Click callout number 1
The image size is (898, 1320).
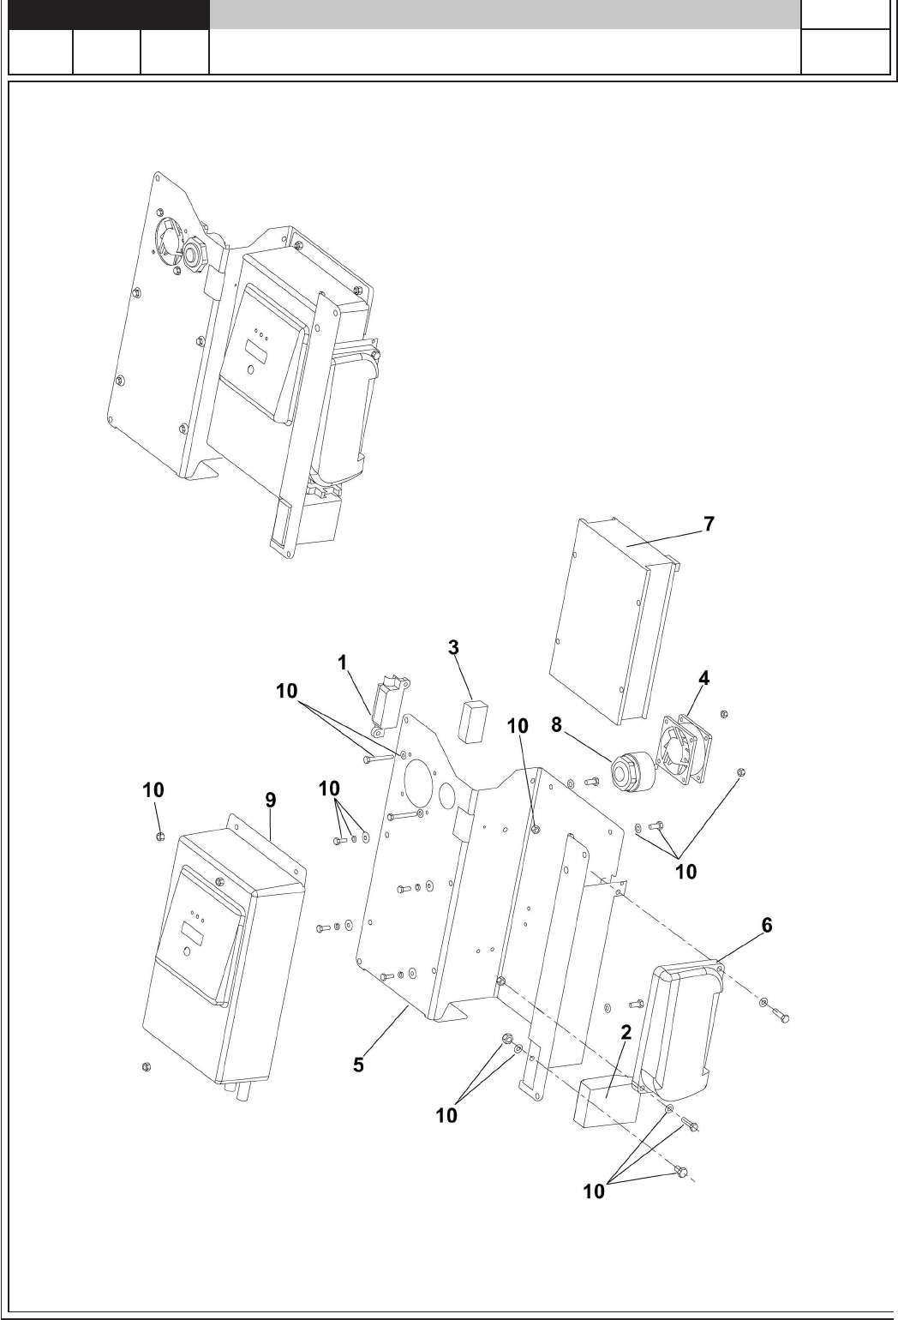[343, 662]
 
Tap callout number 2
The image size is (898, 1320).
[626, 1033]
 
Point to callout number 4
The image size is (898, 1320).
[703, 678]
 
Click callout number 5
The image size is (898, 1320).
[360, 1065]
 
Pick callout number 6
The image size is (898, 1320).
[767, 925]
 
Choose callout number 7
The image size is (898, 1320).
[709, 525]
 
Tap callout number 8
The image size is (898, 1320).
[556, 725]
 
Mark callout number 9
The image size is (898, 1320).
[270, 801]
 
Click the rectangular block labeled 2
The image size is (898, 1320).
[606, 1102]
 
